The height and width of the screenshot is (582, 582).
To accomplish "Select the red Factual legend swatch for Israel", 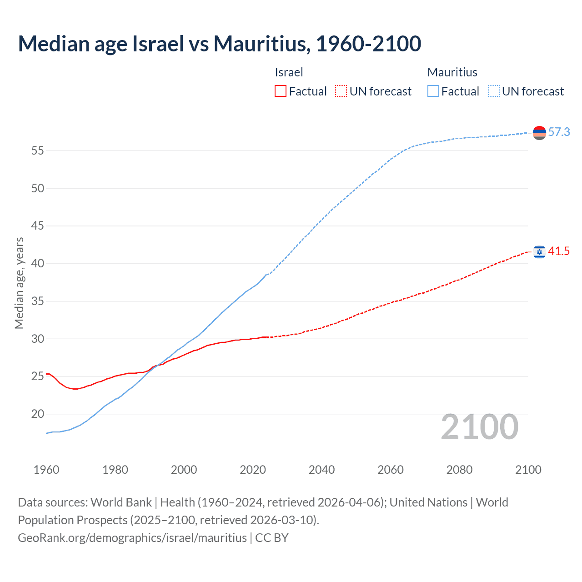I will coord(281,91).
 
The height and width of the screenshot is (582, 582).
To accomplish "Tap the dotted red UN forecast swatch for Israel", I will coord(341,91).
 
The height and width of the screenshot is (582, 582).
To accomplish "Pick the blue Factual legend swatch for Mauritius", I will coord(433,91).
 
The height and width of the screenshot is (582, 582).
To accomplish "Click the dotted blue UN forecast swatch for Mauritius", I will coord(494,91).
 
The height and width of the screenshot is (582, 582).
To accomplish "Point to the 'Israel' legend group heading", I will coord(289,72).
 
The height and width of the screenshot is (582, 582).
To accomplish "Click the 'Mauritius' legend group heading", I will coord(452,72).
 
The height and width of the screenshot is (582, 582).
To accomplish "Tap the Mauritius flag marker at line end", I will coord(539,133).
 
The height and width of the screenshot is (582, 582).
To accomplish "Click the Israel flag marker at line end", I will coord(539,252).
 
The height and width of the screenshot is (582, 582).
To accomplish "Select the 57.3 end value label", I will coord(559,132).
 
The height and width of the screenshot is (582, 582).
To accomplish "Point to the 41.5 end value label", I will coord(559,251).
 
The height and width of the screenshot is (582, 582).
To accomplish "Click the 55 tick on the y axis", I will coord(38,151).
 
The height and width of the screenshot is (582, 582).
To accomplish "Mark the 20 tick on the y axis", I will coord(38,414).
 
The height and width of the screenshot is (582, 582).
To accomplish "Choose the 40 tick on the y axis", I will coord(38,264).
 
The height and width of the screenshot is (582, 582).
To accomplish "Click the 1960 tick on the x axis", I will coord(46,470).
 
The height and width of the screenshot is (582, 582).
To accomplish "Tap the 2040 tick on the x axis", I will coord(321,470).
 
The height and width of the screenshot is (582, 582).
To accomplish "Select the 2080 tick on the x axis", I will coord(459,470).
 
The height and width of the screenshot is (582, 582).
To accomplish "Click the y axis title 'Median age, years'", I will coord(19,283).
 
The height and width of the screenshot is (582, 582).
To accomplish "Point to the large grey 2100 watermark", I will coord(479,427).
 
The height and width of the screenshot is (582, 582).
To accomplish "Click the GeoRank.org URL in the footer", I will coord(132,538).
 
